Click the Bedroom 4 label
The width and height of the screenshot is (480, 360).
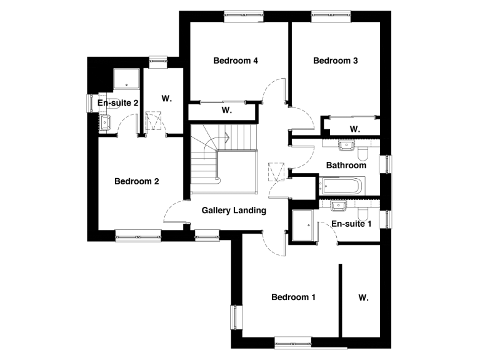tap(236, 61)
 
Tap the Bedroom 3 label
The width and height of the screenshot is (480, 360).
tap(336, 61)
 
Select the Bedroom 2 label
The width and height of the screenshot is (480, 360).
tap(137, 181)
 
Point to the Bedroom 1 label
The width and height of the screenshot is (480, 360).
tap(293, 297)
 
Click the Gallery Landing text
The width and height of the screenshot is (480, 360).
tap(234, 211)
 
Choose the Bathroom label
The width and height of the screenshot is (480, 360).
tap(346, 166)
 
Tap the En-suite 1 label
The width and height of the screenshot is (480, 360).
tap(351, 223)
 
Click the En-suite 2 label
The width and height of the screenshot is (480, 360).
tap(118, 102)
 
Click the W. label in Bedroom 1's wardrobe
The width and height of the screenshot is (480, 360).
tap(364, 297)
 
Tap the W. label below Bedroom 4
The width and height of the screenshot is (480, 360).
tap(226, 111)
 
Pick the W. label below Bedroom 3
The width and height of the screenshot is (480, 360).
tap(354, 129)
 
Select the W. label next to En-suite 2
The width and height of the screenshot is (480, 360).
tap(166, 98)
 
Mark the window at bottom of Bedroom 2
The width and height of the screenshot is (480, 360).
tap(137, 236)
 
